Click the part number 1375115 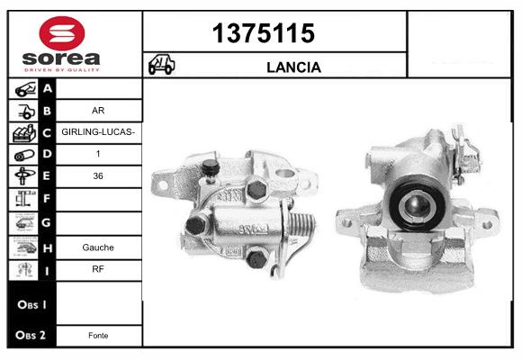click(x=264, y=33)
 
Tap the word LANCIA click(x=293, y=67)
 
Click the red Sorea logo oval click(x=62, y=33)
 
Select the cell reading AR click(x=98, y=110)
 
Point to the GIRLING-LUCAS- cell click(x=98, y=132)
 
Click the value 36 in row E click(x=98, y=175)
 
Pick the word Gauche click(x=98, y=247)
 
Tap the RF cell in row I click(x=98, y=269)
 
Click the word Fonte click(x=98, y=336)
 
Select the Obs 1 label click(x=32, y=304)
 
